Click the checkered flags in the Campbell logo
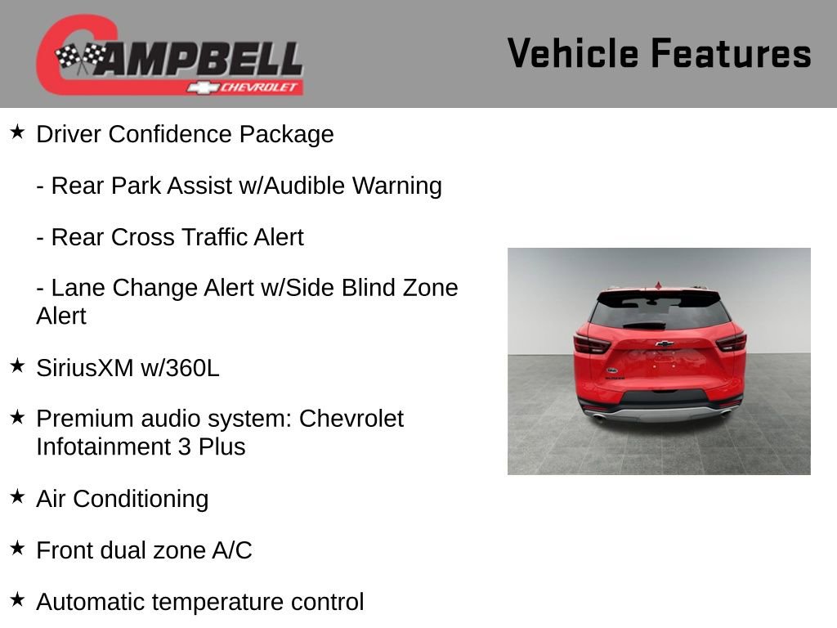81,56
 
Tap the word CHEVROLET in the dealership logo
261,87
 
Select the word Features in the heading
731,53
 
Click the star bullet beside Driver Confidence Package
18,132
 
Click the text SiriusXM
84,367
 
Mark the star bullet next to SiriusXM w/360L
18,366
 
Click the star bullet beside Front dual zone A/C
18,548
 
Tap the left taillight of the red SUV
592,343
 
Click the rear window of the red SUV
659,312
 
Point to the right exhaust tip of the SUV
726,415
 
